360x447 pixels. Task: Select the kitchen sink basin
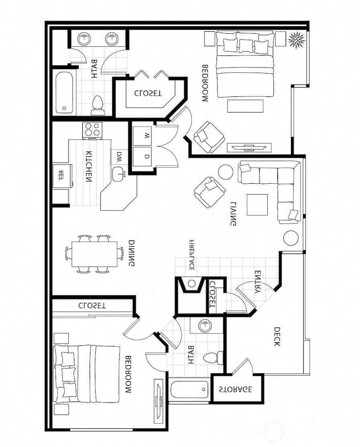(118, 174)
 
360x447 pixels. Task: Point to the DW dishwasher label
(119, 157)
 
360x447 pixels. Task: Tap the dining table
(94, 254)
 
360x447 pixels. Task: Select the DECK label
(277, 337)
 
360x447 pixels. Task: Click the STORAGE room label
(235, 389)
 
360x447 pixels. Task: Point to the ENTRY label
(260, 281)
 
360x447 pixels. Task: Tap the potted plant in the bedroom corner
(297, 40)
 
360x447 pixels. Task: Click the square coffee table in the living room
(257, 205)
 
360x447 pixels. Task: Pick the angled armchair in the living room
(210, 192)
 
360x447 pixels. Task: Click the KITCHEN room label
(89, 167)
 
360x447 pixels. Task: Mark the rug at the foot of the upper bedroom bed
(245, 106)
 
